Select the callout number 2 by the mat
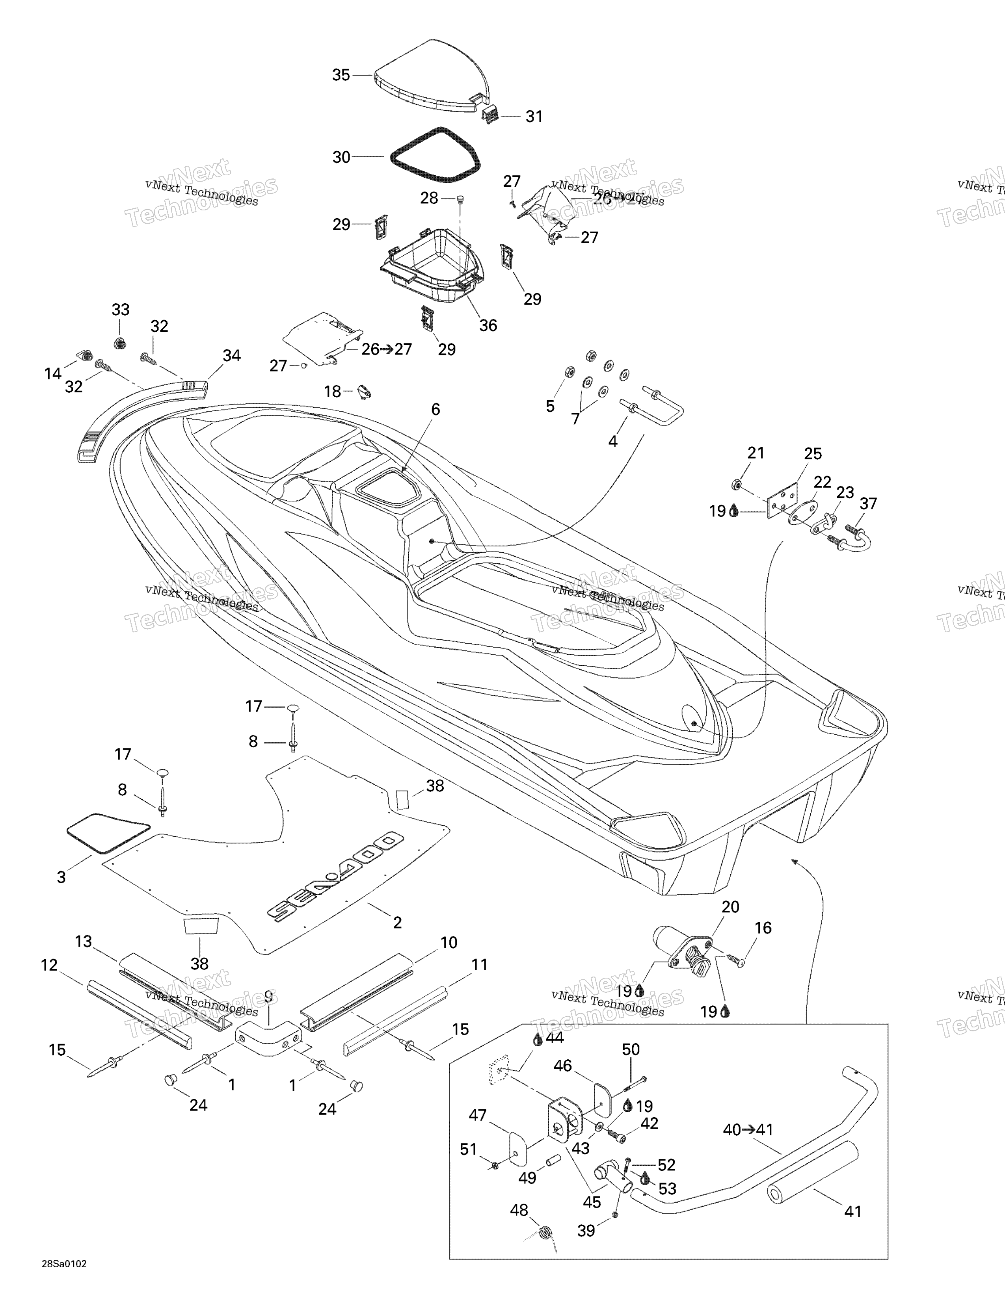point(397,923)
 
